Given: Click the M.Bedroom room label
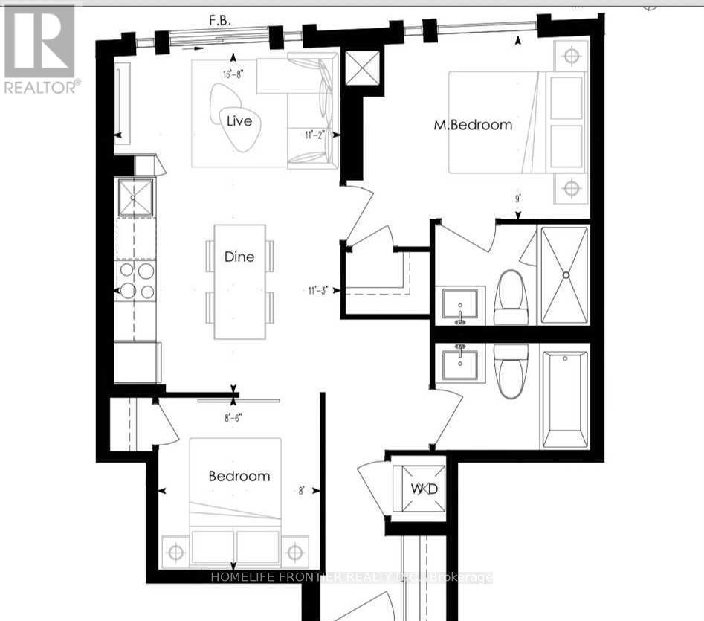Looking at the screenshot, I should [473, 125].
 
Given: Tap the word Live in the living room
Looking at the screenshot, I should [239, 121].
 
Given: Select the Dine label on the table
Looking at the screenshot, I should [239, 257].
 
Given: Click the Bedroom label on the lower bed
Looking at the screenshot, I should [239, 476].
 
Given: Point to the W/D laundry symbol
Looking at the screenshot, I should [420, 489].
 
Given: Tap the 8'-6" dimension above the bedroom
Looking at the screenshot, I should [233, 416].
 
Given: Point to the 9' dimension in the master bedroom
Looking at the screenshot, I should [517, 199].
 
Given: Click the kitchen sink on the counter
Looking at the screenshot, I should [136, 197].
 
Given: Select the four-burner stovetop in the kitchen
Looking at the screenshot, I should [137, 280].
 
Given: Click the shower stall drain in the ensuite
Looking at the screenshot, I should [566, 274].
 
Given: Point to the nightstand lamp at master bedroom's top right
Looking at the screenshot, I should [571, 56].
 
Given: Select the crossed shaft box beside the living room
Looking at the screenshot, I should [363, 71].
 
